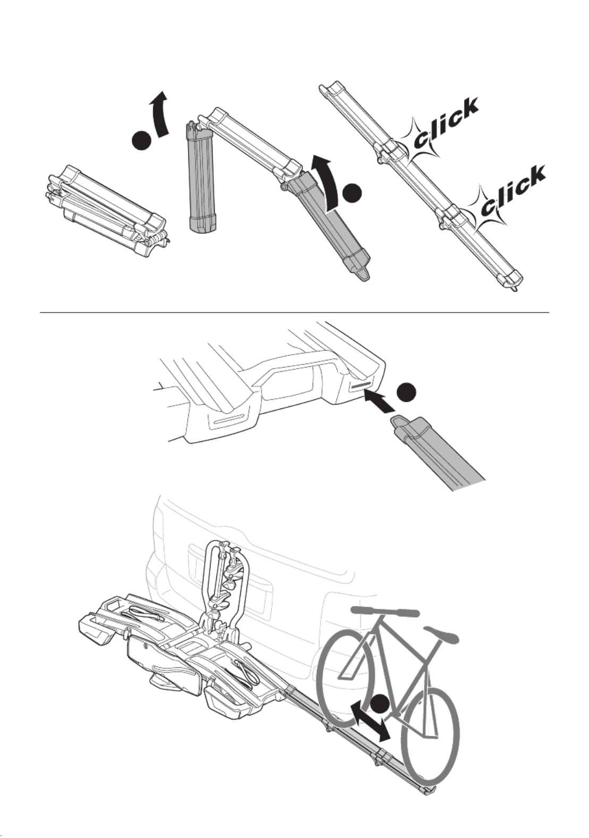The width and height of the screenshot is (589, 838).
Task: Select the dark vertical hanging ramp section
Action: [x=201, y=178]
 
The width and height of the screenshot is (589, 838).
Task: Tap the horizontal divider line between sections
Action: [x=295, y=313]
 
